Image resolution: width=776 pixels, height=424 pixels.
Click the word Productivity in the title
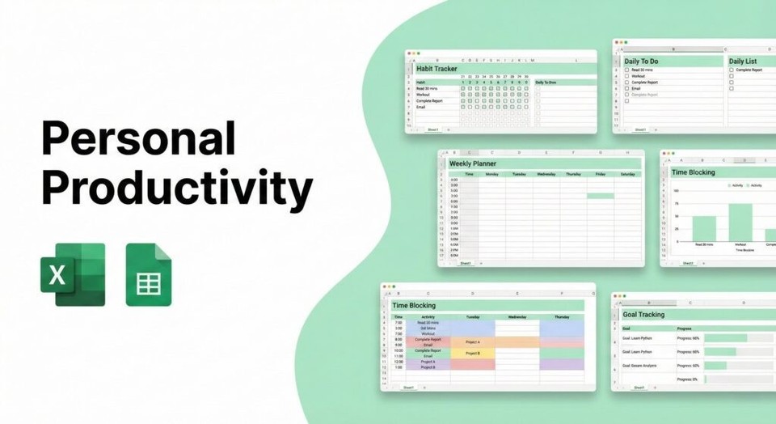[x=176, y=189]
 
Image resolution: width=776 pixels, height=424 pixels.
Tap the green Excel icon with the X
[x=73, y=275]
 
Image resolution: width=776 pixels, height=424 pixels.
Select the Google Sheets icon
[x=149, y=275]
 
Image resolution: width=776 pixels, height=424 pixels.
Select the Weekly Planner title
[x=474, y=163]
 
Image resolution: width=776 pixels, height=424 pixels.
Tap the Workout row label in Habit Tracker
[x=424, y=95]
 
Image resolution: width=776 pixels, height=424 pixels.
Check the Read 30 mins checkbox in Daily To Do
[x=626, y=70]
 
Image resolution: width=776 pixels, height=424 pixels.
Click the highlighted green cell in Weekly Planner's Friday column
[x=600, y=196]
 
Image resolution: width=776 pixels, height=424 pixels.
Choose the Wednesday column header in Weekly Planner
[x=546, y=174]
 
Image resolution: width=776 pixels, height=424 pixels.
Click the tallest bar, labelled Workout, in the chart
[x=740, y=222]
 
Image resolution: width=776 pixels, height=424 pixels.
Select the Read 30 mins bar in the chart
[x=704, y=228]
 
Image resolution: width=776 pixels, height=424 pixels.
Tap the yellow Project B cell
[x=472, y=353]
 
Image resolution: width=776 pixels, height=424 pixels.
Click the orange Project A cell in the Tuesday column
[x=472, y=342]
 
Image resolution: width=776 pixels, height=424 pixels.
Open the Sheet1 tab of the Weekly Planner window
[x=465, y=263]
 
